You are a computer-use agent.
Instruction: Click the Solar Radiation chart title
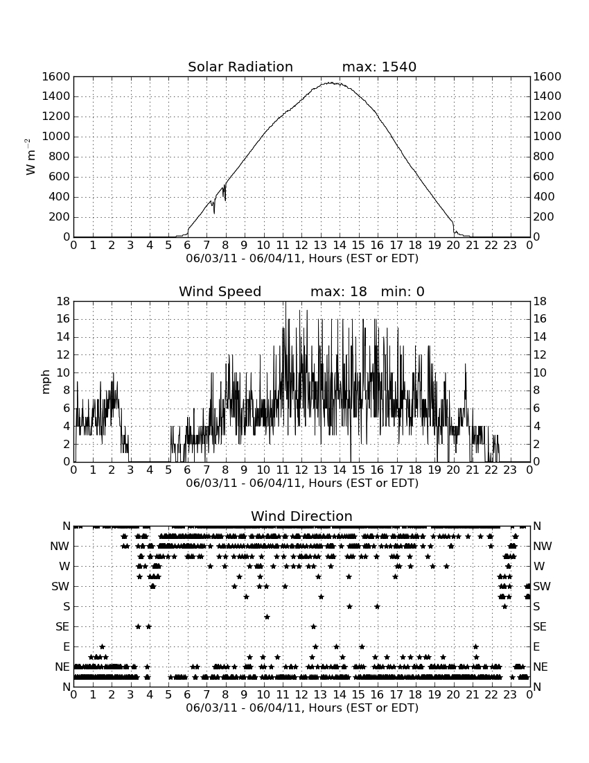(x=240, y=67)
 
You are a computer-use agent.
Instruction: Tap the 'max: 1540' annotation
(x=379, y=67)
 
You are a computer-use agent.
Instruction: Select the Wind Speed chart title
(x=220, y=291)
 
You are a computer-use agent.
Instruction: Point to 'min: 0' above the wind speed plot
(x=403, y=291)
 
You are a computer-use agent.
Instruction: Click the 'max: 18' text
(x=338, y=291)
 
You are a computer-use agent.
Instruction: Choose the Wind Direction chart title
(x=301, y=516)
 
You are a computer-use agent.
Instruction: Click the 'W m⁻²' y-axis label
(x=30, y=157)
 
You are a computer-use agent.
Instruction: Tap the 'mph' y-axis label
(x=46, y=382)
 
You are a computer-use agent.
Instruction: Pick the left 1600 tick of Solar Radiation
(x=56, y=76)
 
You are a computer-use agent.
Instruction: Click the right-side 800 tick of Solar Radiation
(x=543, y=156)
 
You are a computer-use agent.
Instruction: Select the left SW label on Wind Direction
(x=60, y=586)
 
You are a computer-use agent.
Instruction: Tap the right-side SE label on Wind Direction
(x=540, y=627)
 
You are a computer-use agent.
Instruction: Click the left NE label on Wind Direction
(x=62, y=667)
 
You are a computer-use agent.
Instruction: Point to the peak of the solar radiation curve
(x=331, y=83)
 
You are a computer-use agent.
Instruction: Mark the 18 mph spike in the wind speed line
(x=285, y=302)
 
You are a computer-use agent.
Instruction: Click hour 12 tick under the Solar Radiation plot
(x=301, y=245)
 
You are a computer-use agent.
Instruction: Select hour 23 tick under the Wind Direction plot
(x=510, y=694)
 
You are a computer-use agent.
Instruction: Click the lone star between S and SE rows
(x=267, y=617)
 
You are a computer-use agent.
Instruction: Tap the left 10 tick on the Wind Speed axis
(x=64, y=372)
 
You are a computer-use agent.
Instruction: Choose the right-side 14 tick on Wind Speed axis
(x=539, y=336)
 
